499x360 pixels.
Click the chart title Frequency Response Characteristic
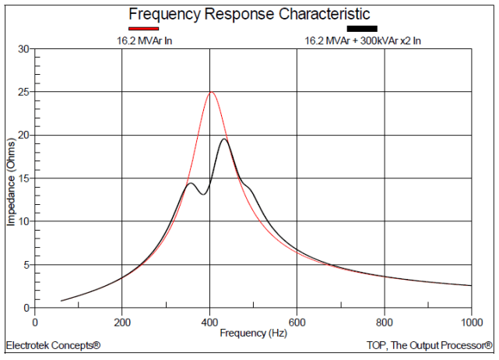tap(249, 15)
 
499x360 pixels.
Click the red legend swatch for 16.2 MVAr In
tap(141, 28)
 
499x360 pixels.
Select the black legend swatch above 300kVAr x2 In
tap(361, 28)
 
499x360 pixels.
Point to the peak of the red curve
tap(210, 92)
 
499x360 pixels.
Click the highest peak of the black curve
tap(224, 139)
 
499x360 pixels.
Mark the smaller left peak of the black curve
tap(191, 183)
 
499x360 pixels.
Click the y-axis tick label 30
tap(23, 49)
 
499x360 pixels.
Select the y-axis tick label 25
tap(23, 92)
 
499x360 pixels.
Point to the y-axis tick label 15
tap(23, 178)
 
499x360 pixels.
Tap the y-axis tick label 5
tap(26, 265)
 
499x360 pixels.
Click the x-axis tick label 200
tap(121, 321)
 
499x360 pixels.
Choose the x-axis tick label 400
tap(209, 321)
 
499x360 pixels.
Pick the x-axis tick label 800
tap(384, 321)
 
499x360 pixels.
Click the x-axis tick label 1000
tap(469, 321)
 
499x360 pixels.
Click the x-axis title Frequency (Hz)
tap(252, 333)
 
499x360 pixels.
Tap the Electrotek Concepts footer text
tap(53, 344)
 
